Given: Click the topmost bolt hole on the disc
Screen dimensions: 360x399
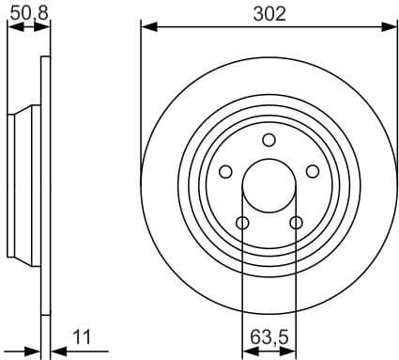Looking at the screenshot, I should click(269, 140).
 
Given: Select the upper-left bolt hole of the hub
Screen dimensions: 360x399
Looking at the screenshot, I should click(225, 171).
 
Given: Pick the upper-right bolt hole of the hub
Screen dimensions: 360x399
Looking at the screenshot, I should click(313, 171).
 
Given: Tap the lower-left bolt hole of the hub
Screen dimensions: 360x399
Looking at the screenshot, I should click(242, 223).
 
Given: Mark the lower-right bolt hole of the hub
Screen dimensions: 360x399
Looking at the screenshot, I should click(296, 223).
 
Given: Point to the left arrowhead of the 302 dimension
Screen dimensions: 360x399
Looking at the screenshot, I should click(147, 27).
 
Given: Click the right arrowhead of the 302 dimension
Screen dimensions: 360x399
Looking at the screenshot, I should click(390, 27).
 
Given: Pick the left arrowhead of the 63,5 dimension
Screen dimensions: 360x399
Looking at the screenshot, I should click(248, 352).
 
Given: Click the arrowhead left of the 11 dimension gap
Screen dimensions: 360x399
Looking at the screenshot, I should click(35, 352).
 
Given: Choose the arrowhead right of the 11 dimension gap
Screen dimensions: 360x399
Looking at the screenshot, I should click(55, 352).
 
